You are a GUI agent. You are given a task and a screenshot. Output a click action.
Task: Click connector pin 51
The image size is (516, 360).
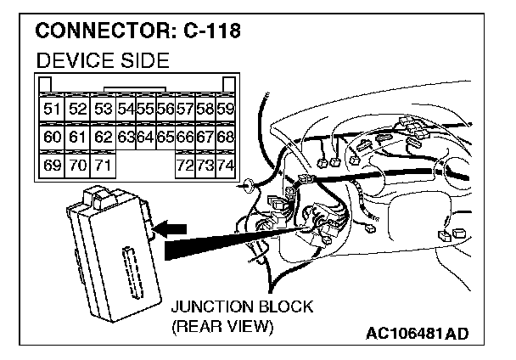(52, 110)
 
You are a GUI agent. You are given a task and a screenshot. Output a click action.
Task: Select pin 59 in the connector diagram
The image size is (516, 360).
(225, 110)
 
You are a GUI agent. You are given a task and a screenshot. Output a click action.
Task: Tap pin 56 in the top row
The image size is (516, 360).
(165, 110)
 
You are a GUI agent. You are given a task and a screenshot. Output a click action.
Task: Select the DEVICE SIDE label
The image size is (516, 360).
(100, 59)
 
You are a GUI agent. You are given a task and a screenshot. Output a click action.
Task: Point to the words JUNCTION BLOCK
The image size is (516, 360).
(241, 307)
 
